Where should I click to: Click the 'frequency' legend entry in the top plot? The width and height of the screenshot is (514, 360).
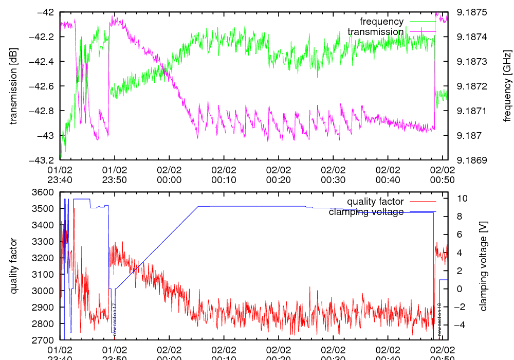[381, 22]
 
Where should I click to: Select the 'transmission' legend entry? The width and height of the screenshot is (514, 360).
[376, 32]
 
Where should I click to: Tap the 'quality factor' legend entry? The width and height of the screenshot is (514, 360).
[375, 202]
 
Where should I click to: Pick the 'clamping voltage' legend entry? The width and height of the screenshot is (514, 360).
[366, 212]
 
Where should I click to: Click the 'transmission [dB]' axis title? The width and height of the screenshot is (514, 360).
[13, 86]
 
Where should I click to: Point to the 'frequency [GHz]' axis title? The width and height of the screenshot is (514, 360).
[507, 86]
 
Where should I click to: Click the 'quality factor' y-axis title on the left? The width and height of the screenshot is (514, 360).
[13, 266]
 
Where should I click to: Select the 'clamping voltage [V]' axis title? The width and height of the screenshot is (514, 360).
[483, 266]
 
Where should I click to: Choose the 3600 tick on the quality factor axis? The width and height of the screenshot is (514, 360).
[44, 192]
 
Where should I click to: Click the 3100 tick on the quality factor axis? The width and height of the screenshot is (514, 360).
[44, 275]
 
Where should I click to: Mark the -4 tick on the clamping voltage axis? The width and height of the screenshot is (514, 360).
[461, 325]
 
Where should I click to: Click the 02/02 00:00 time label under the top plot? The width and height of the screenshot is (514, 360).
[169, 175]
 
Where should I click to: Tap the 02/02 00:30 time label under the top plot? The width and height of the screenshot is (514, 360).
[333, 175]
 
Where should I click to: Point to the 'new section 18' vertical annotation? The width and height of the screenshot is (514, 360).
[439, 320]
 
